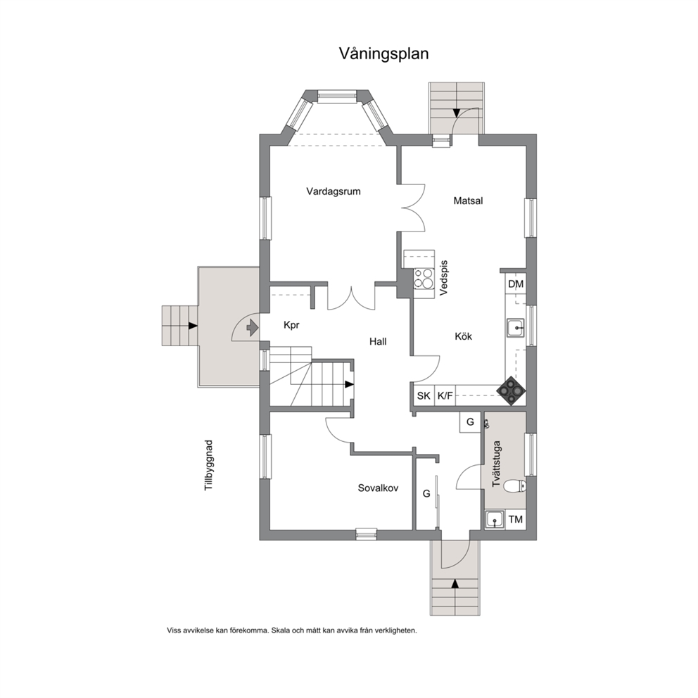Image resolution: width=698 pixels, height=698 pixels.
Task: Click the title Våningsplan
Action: (x=383, y=54)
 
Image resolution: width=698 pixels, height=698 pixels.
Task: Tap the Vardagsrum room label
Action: (x=334, y=191)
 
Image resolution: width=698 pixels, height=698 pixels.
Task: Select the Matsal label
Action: (x=469, y=201)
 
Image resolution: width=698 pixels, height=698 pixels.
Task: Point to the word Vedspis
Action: (x=443, y=278)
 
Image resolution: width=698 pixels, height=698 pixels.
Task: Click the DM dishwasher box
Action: (x=516, y=284)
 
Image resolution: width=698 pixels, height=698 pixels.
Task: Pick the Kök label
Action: (x=464, y=336)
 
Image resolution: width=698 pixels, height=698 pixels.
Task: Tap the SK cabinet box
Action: (x=424, y=395)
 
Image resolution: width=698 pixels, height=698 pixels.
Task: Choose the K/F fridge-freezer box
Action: (x=445, y=395)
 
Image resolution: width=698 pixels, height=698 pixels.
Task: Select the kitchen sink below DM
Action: (x=516, y=329)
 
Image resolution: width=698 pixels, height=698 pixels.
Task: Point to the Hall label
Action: (x=378, y=341)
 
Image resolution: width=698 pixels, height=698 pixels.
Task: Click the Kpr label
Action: (x=291, y=325)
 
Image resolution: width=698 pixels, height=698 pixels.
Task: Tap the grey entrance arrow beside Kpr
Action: (x=253, y=328)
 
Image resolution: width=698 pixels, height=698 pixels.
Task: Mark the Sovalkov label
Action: (x=378, y=488)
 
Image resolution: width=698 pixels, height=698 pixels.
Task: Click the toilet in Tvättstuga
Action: (x=515, y=486)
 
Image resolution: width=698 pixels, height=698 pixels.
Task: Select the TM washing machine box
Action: (x=516, y=519)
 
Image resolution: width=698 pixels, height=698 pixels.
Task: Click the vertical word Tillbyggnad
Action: (x=209, y=466)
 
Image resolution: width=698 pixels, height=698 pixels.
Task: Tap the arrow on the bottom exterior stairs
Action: (x=455, y=583)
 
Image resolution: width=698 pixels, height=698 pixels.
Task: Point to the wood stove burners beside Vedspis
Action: (x=424, y=279)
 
